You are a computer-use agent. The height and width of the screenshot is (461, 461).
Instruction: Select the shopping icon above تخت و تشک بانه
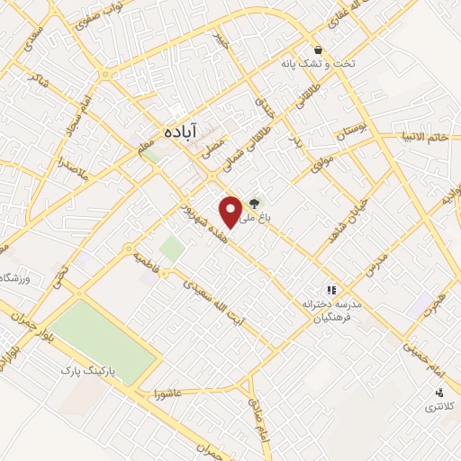tap(317, 50)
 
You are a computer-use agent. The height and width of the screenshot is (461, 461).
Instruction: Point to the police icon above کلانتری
tap(439, 393)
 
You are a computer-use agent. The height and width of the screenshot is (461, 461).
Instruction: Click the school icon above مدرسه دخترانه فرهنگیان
tap(331, 290)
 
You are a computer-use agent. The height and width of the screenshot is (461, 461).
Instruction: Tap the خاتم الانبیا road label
tap(427, 138)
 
